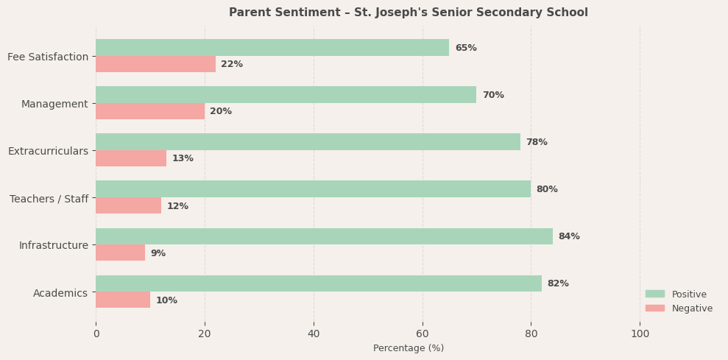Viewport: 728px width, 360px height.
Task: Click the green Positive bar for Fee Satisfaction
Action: [x=272, y=48]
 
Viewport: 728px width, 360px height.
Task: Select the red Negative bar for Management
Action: [x=150, y=111]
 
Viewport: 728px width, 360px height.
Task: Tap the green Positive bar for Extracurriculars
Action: [x=308, y=142]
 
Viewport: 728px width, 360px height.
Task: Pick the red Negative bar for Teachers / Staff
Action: [x=128, y=205]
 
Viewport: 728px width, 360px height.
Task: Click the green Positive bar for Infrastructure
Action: [x=324, y=236]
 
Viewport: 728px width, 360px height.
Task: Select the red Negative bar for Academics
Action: [x=123, y=300]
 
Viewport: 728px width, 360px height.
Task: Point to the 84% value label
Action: [x=569, y=236]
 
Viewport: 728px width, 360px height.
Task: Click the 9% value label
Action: [x=158, y=253]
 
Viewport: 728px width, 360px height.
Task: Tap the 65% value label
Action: [x=466, y=48]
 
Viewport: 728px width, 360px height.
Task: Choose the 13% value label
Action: [x=183, y=158]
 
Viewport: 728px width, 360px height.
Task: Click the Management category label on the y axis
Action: [x=54, y=104]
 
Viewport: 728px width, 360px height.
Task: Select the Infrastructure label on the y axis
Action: [x=54, y=245]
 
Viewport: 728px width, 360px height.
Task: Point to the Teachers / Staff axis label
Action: [x=49, y=199]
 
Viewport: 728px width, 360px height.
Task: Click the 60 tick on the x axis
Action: [x=423, y=333]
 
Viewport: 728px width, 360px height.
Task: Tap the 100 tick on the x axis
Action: [x=640, y=333]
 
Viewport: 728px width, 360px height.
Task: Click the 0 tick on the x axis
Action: [x=96, y=333]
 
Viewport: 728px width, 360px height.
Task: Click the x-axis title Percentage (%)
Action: [x=409, y=348]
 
